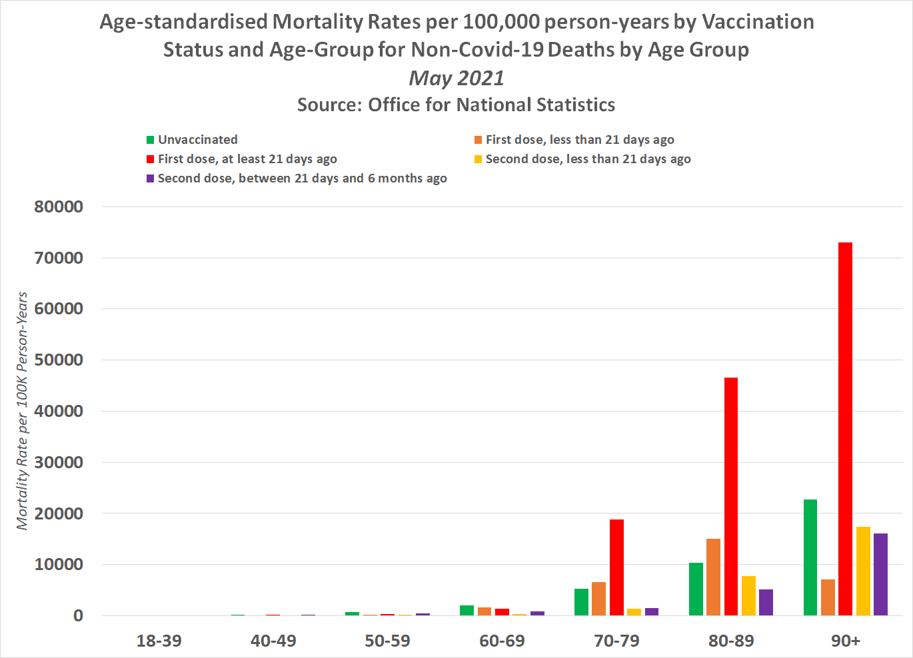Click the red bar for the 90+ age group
tap(845, 429)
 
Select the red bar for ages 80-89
tap(730, 496)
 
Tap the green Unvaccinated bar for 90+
tap(810, 557)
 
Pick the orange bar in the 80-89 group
tap(713, 577)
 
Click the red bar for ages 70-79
tap(616, 567)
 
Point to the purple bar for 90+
tap(880, 574)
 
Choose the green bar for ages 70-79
tap(581, 602)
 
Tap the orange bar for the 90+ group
tap(828, 597)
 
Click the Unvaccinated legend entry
tap(197, 140)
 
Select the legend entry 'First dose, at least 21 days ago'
tap(247, 159)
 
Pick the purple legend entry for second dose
tap(302, 178)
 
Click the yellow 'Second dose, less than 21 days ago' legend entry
tap(587, 159)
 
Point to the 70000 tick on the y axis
tap(59, 258)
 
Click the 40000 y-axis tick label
tap(59, 411)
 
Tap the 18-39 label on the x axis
tap(159, 641)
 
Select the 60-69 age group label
tap(502, 641)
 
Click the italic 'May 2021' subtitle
tap(456, 78)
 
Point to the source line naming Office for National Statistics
tap(456, 105)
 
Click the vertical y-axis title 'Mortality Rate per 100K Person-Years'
tap(23, 411)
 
